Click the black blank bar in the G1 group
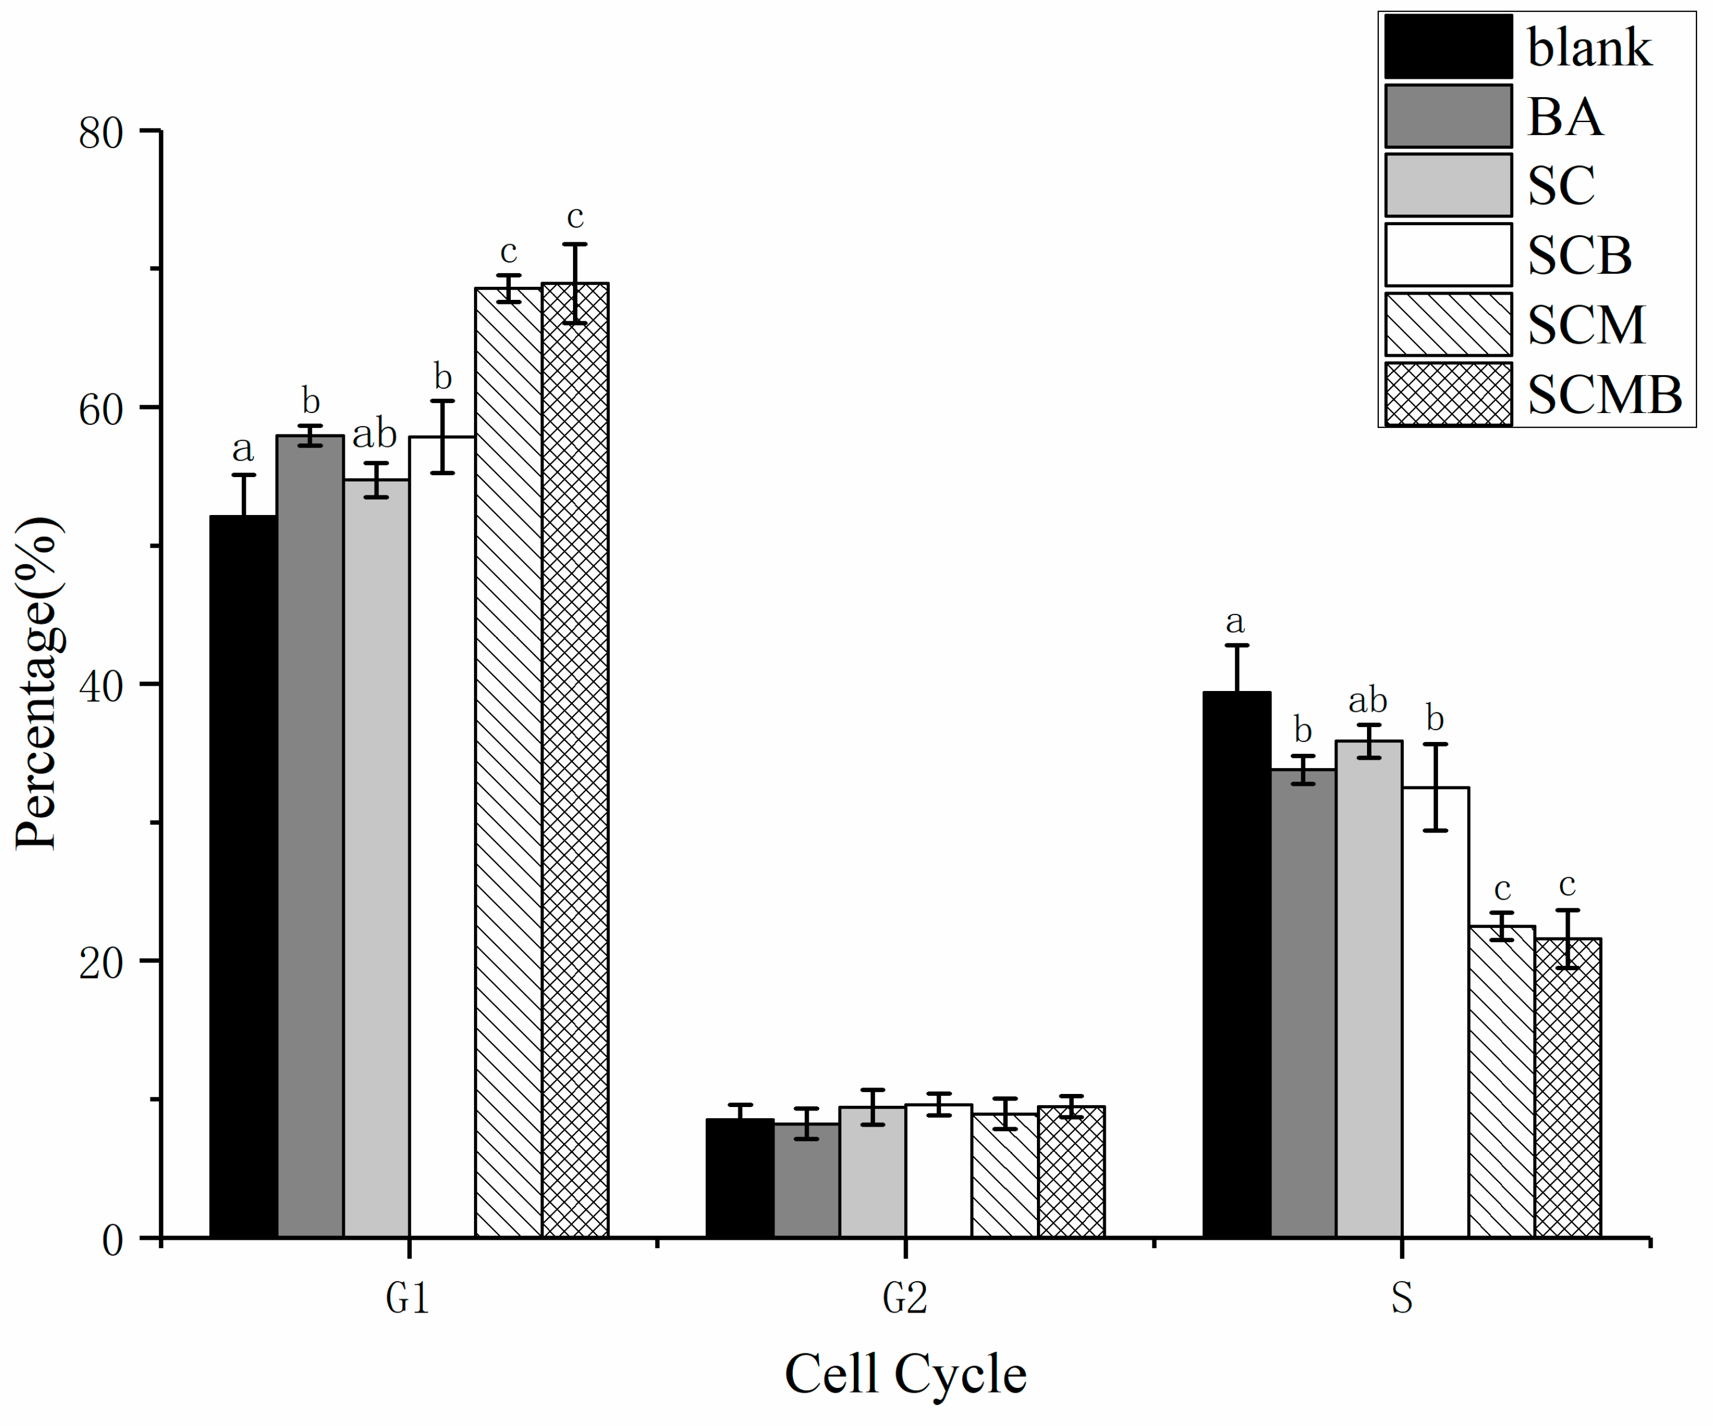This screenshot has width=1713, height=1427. coord(243,877)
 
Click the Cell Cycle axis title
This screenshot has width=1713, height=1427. coord(905,1374)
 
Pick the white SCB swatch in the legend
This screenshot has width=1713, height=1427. coord(1448,255)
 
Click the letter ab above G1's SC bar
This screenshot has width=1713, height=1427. coord(374,433)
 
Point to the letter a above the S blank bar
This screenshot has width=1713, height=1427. coord(1235,622)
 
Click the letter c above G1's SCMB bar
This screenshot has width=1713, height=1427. coord(575,217)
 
